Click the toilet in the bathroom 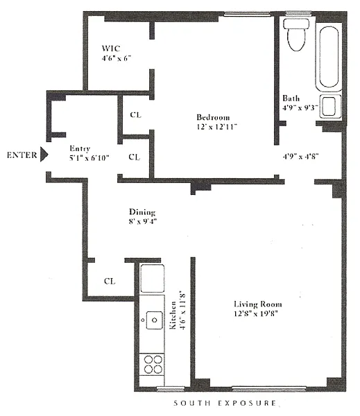click(x=296, y=35)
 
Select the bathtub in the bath click(x=329, y=57)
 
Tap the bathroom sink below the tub click(x=330, y=106)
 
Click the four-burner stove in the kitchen click(x=153, y=364)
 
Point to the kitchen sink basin click(x=154, y=320)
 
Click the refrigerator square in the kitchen click(x=152, y=278)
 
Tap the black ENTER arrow click(x=44, y=154)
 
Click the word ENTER click(x=22, y=155)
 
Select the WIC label click(x=111, y=49)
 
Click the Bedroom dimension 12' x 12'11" click(x=216, y=127)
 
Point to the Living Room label click(x=258, y=304)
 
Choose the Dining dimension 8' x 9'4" click(x=143, y=221)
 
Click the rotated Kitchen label click(x=173, y=315)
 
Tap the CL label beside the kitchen click(x=110, y=281)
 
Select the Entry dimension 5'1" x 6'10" click(x=89, y=158)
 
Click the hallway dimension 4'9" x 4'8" click(x=300, y=156)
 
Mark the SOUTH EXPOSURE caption click(x=225, y=404)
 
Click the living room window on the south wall click(x=269, y=389)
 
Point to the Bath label click(x=291, y=98)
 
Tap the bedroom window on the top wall click(x=247, y=14)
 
